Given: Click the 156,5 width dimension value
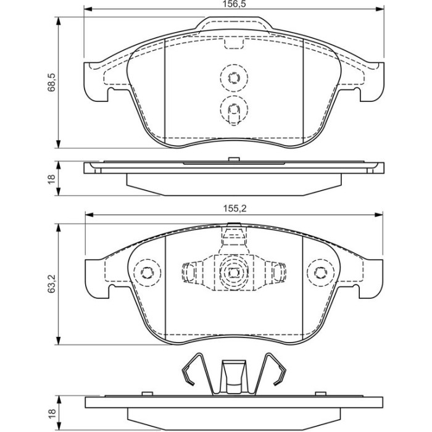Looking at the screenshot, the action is pos(234,4).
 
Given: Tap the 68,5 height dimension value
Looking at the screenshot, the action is pos(51,82).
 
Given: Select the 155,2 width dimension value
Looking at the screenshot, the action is pos(235,209).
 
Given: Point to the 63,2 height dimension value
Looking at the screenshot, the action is pos(51,283).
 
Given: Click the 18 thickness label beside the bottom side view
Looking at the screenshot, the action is pos(51,412).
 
